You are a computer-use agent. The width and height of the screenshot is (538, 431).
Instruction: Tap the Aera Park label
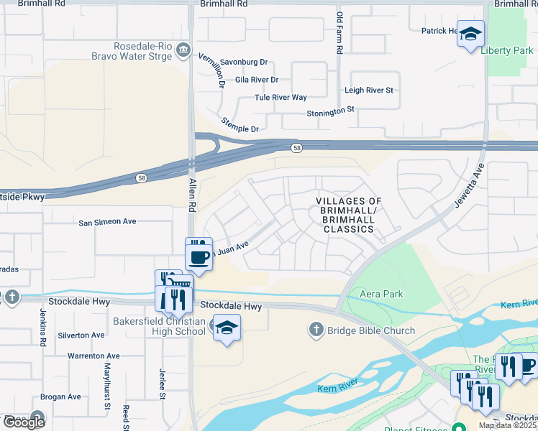point(382,294)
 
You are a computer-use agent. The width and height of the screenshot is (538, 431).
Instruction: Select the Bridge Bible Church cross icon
point(315,330)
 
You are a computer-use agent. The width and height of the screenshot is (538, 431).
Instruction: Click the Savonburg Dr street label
point(244,62)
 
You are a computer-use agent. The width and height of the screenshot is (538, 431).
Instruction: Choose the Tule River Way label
point(281,98)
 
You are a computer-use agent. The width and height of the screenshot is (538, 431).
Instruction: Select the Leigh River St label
point(369,91)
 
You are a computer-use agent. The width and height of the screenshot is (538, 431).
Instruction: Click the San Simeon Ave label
point(107,222)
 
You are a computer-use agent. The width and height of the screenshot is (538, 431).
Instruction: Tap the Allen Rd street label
point(192,194)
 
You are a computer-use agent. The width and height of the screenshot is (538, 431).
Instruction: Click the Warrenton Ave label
point(94,356)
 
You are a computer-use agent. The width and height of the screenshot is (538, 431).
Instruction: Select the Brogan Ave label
point(60,397)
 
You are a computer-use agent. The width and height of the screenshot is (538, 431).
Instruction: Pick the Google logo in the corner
point(24,422)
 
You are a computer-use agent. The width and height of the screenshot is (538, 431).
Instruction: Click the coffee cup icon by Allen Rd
point(199,256)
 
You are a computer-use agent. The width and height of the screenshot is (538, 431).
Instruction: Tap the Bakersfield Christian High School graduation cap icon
point(227,328)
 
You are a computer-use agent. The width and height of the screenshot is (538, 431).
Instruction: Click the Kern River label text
point(337,389)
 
